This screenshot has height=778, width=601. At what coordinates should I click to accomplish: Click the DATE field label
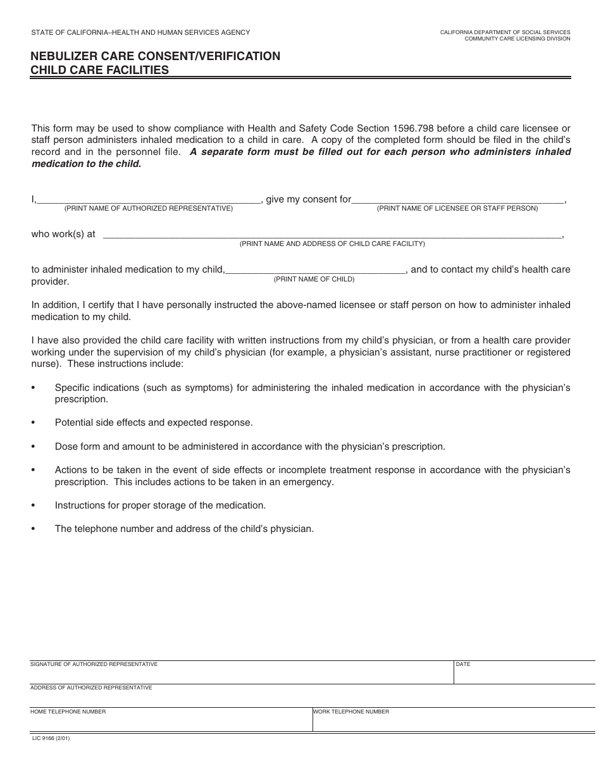click(463, 665)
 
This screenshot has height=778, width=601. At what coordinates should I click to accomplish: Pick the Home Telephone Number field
click(171, 722)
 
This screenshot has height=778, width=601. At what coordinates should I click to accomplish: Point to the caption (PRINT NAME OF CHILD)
click(314, 279)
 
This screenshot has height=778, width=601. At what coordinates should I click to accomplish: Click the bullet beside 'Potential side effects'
click(33, 423)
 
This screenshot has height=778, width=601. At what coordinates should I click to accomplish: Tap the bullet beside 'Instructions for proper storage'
click(33, 505)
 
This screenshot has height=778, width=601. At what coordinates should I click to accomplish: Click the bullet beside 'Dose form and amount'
click(33, 447)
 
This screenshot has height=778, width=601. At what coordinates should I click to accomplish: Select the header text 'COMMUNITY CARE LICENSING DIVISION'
click(517, 39)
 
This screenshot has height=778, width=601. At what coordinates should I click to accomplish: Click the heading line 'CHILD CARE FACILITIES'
click(100, 70)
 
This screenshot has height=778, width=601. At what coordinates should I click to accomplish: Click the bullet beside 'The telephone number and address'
click(33, 529)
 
